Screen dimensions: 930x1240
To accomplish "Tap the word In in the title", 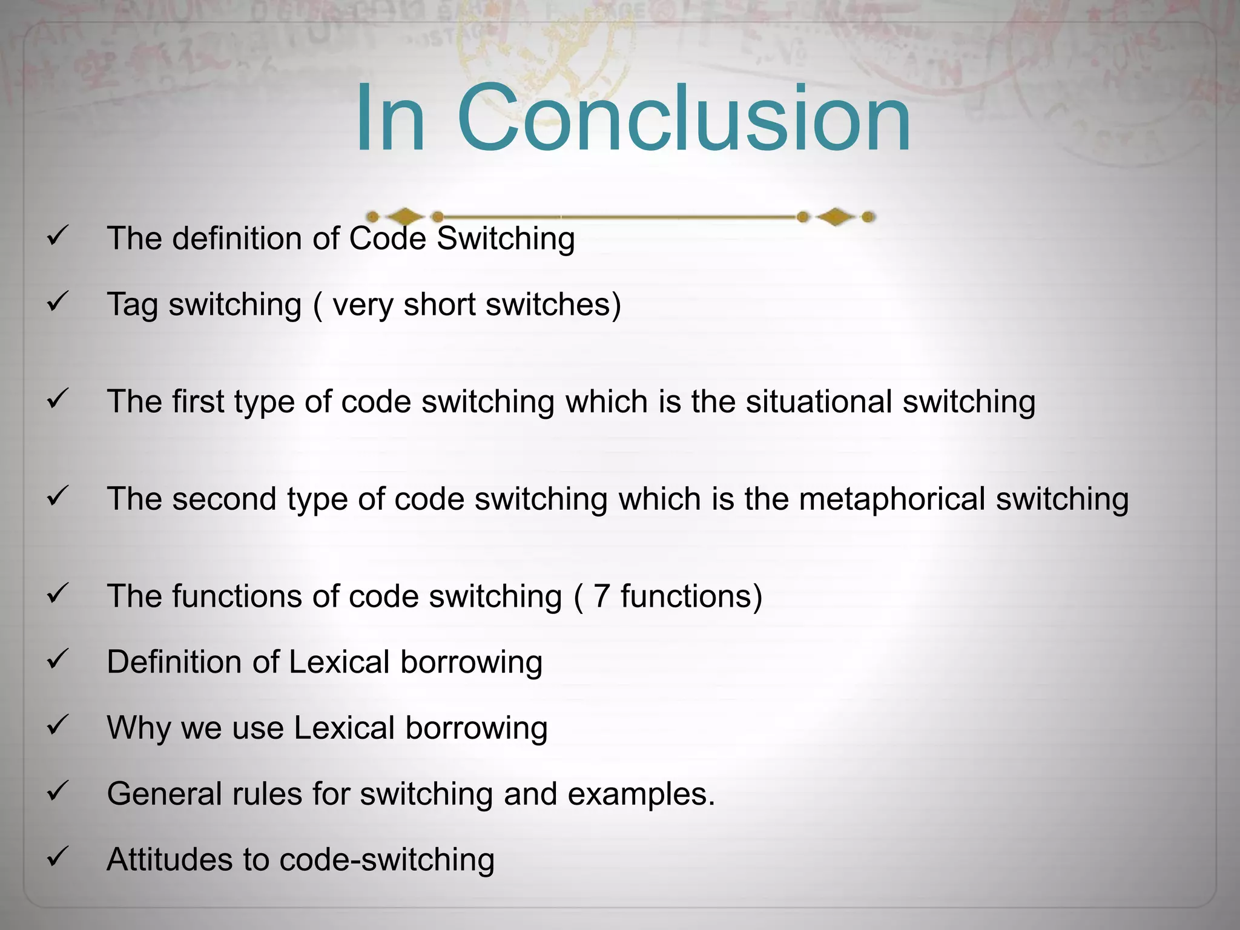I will [390, 118].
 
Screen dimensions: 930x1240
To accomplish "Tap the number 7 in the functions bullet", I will [601, 596].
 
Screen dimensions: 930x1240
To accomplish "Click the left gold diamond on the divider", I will [405, 216].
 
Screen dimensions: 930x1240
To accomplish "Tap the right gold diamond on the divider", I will [836, 216].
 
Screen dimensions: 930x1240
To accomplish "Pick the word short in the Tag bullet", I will [440, 304].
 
